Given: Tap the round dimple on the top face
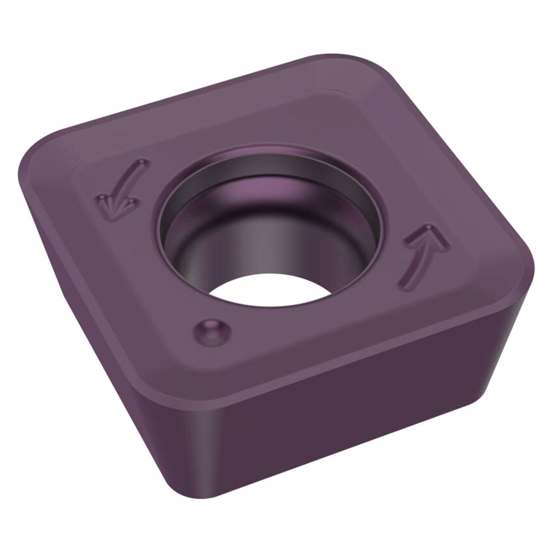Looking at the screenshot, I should (x=210, y=331).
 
